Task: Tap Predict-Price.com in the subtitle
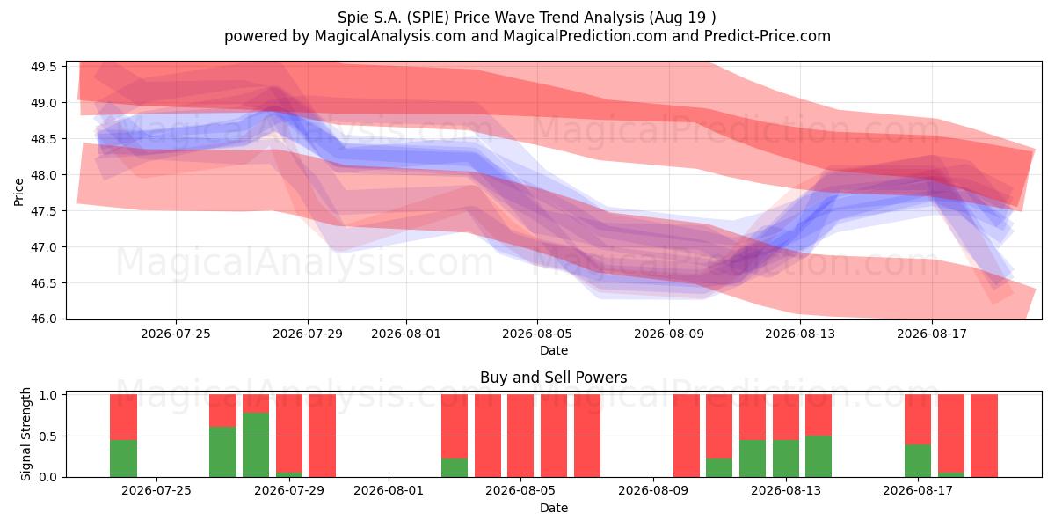tap(768, 36)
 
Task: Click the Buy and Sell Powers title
tap(553, 378)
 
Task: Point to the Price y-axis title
tap(18, 192)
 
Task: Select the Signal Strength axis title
tap(25, 434)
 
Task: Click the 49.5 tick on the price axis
tap(43, 67)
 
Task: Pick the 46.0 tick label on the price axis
tap(43, 319)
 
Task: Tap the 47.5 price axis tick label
tap(43, 211)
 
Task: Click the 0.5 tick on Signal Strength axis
tap(47, 436)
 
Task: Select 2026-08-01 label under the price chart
tap(406, 334)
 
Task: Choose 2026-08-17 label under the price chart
tap(932, 334)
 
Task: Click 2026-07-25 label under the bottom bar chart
tap(156, 491)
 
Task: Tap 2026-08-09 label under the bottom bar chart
tap(653, 491)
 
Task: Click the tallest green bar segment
tap(256, 444)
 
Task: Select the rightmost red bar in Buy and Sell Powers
tap(985, 436)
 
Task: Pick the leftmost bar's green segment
tap(123, 458)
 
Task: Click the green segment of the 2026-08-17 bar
tap(918, 460)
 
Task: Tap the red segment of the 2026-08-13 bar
tap(786, 417)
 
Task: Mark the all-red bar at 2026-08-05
tap(520, 436)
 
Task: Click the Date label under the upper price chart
tap(554, 351)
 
